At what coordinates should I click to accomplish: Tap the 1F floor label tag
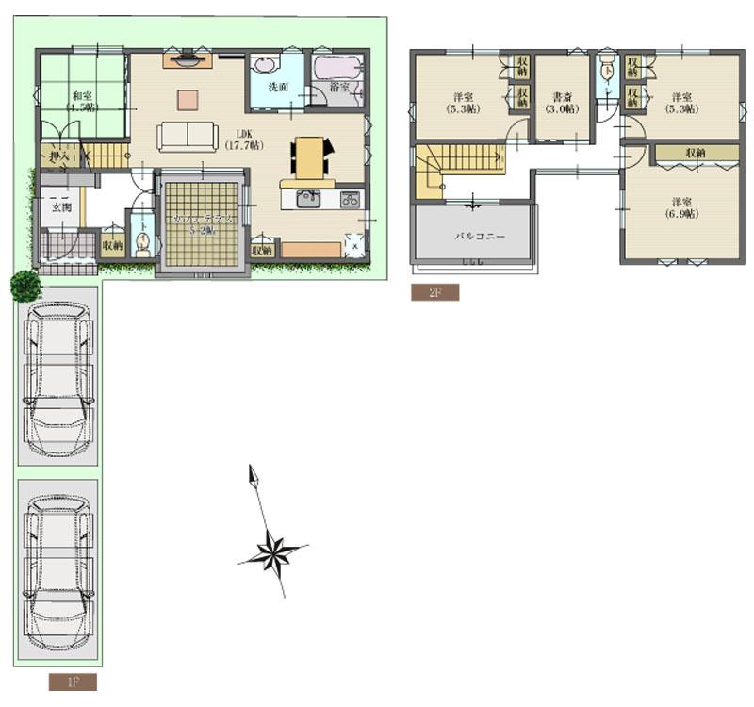coord(73,682)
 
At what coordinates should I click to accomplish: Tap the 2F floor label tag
coord(434,292)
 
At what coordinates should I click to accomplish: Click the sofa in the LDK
coord(188,136)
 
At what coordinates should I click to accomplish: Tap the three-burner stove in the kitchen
coord(350,199)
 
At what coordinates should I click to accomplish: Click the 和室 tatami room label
coord(82,100)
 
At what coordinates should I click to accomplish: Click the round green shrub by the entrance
coord(25,285)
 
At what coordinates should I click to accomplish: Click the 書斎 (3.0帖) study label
coord(562,102)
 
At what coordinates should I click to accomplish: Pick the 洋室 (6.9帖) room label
coord(685,207)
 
